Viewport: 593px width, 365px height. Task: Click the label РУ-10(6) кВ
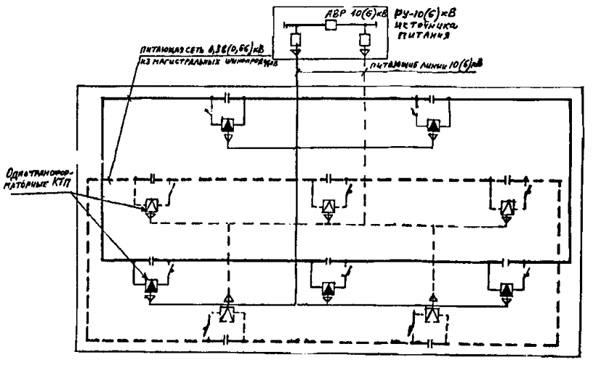click(418, 12)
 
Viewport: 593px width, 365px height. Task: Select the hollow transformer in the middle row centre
click(327, 206)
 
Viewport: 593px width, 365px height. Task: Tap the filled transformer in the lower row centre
click(328, 289)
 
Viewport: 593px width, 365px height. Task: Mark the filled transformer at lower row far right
click(506, 289)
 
